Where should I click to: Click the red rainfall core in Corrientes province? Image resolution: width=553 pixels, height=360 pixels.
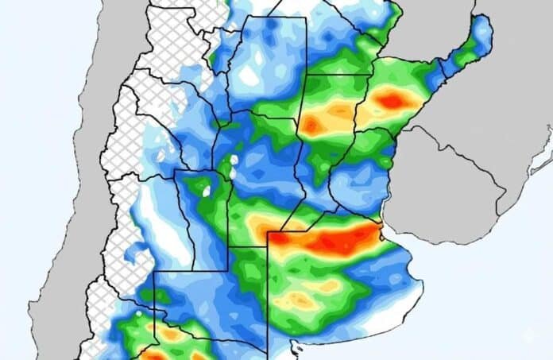[392, 101]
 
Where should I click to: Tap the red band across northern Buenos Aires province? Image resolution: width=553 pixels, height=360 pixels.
[334, 239]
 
